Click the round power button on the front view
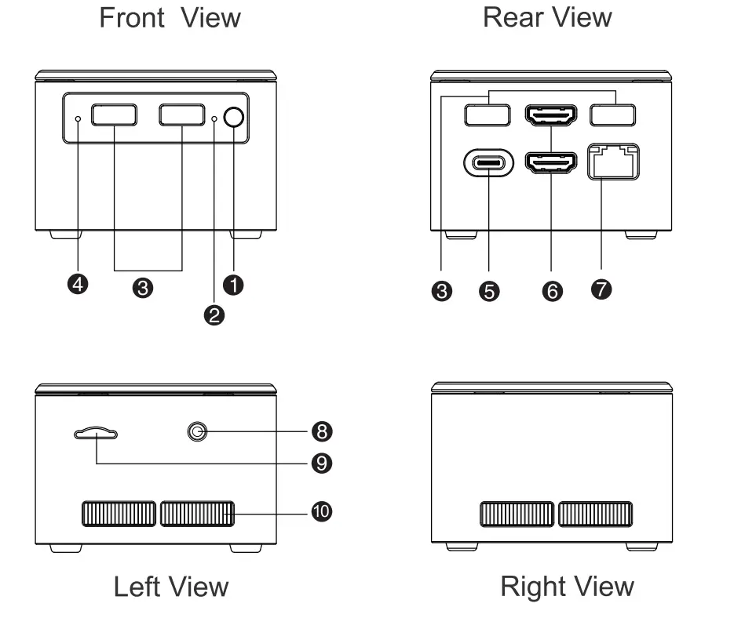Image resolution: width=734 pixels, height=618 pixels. pyautogui.click(x=233, y=117)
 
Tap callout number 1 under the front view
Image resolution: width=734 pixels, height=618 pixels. pyautogui.click(x=233, y=285)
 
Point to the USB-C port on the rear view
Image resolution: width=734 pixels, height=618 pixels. pyautogui.click(x=488, y=164)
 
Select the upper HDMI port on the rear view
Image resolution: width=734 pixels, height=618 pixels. pyautogui.click(x=551, y=115)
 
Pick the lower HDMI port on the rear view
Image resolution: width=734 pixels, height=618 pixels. pyautogui.click(x=551, y=163)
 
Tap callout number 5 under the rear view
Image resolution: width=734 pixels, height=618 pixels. pyautogui.click(x=488, y=291)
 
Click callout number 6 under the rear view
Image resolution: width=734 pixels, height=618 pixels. pyautogui.click(x=552, y=291)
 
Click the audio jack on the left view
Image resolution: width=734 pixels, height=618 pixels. pyautogui.click(x=197, y=431)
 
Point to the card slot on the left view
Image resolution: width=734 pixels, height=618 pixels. pyautogui.click(x=96, y=433)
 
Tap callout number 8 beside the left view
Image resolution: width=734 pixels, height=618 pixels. pyautogui.click(x=322, y=431)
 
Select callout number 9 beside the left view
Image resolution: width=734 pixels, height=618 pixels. pyautogui.click(x=322, y=463)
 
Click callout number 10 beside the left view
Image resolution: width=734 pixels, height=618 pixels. pyautogui.click(x=322, y=512)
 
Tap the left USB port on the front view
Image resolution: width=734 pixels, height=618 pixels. pyautogui.click(x=114, y=115)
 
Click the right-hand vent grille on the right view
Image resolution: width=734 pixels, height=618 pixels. pyautogui.click(x=594, y=514)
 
